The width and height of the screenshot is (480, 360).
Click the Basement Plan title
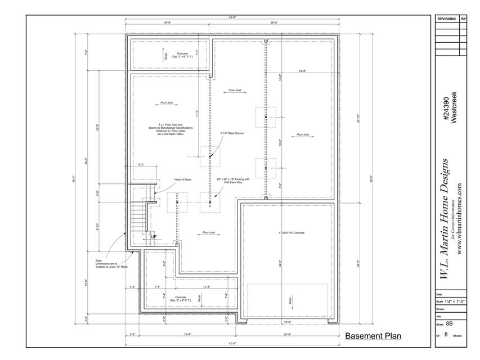click(x=373, y=336)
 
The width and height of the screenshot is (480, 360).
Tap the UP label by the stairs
click(x=153, y=237)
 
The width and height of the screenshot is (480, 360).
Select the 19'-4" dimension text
click(x=187, y=334)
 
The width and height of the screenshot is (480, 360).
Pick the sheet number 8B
click(x=449, y=324)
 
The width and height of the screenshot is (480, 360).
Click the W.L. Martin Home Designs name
click(x=444, y=219)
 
